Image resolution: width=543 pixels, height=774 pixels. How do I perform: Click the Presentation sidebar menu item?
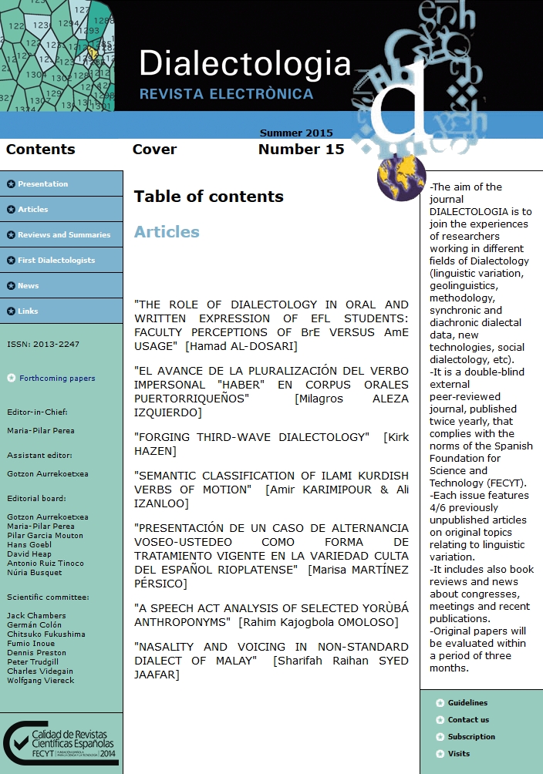(42, 184)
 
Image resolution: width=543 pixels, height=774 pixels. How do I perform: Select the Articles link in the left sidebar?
(32, 210)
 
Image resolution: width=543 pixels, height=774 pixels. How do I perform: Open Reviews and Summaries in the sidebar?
(64, 235)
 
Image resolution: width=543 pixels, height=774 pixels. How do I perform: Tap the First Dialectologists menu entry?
(56, 261)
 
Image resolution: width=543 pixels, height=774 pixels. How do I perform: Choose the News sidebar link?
(28, 286)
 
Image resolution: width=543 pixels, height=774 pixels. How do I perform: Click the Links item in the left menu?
(28, 311)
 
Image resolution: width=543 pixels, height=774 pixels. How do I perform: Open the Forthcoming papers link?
(57, 379)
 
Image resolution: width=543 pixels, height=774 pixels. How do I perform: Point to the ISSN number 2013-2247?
(43, 345)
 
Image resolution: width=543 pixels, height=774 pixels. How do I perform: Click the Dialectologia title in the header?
(245, 64)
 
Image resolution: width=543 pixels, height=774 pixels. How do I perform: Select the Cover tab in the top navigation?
(154, 150)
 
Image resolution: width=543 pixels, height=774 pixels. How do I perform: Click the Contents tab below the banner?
(40, 150)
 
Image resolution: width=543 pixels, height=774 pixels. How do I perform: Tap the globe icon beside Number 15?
(401, 177)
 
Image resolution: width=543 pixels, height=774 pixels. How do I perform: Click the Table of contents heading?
(208, 197)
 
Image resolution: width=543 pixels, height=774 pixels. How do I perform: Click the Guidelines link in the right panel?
(467, 703)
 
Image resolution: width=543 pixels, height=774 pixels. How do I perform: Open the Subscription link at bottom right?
(471, 737)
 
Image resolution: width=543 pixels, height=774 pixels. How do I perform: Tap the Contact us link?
(468, 720)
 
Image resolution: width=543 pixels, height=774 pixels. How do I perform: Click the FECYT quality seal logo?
(60, 743)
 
